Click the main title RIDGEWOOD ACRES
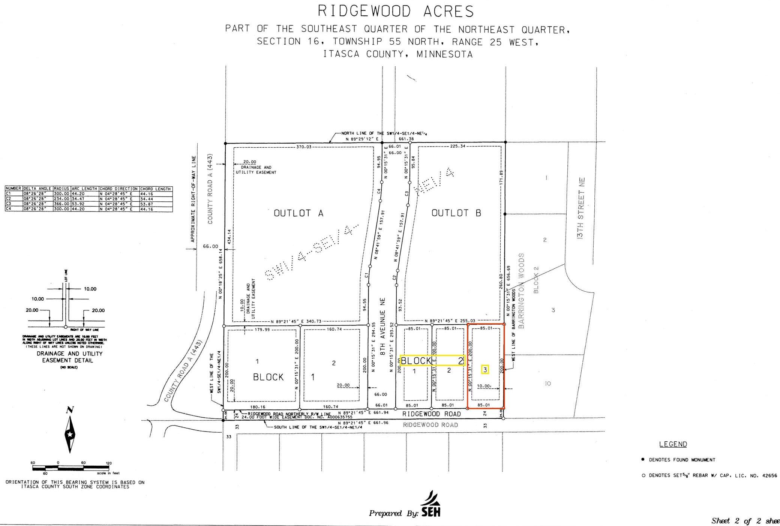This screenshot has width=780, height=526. point(396,12)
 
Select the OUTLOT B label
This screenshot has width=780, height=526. point(456,213)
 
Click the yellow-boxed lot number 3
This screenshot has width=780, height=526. point(485,370)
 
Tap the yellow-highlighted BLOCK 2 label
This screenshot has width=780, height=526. point(432,361)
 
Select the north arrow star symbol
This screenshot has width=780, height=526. point(70,435)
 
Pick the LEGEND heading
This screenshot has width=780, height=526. point(673,444)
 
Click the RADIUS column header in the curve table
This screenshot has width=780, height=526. point(61,189)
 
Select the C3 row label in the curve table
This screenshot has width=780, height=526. point(9,204)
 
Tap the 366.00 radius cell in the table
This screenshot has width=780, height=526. point(61,204)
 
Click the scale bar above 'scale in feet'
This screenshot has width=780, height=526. point(70,468)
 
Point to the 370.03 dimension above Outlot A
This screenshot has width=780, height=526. point(304,147)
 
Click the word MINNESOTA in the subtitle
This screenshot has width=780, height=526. point(444,54)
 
